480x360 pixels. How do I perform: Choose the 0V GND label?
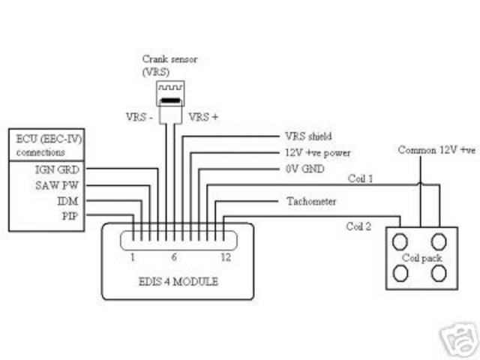[304, 169]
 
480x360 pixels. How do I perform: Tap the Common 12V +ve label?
[436, 150]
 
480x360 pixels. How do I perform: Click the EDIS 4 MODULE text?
[178, 283]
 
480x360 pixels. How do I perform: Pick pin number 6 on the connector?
[174, 256]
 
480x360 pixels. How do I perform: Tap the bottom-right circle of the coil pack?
[439, 274]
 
